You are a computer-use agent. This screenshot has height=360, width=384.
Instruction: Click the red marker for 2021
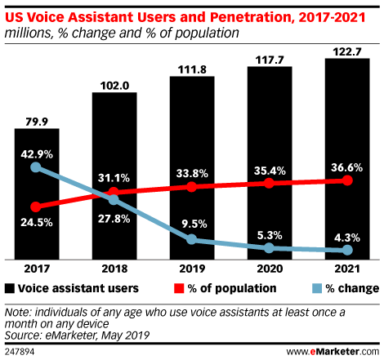[x=347, y=180]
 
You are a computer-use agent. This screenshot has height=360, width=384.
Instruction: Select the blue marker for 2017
[x=36, y=167]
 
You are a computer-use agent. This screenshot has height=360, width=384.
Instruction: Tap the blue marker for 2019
[x=192, y=238]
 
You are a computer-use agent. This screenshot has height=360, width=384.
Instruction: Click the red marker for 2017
[x=36, y=207]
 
